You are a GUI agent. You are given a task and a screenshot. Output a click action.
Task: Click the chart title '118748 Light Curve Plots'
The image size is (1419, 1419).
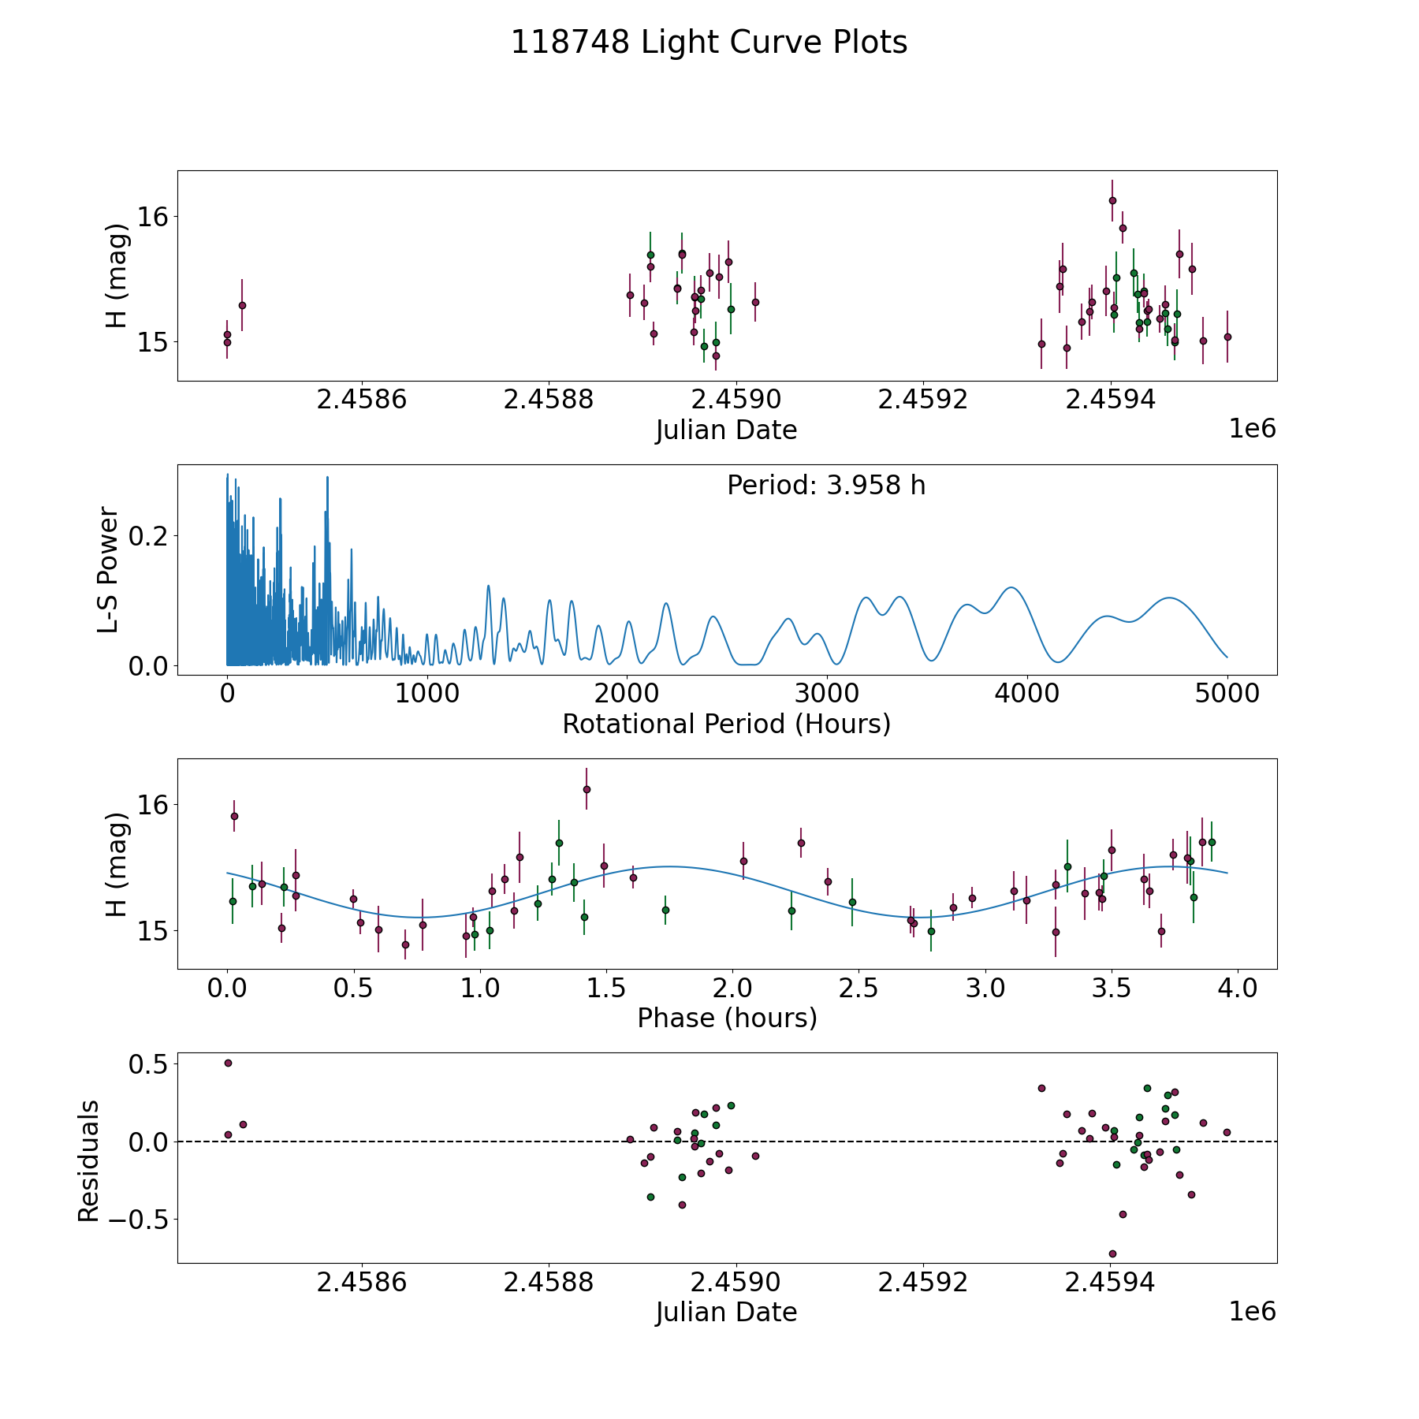(709, 43)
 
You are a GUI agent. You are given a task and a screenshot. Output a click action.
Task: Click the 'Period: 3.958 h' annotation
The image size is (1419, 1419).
(826, 485)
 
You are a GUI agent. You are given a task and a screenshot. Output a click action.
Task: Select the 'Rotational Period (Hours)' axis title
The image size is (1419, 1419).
(726, 724)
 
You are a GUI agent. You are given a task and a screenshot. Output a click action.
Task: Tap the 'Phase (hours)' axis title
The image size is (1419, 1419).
(727, 1018)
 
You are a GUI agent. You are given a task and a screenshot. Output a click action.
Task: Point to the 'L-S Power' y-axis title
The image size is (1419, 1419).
(109, 570)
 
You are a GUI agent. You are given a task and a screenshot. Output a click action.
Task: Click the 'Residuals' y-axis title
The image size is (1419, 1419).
(88, 1161)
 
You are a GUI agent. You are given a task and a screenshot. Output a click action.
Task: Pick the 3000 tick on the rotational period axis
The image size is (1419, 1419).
(827, 694)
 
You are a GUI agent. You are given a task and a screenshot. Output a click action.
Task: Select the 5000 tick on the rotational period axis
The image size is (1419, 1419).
(1227, 694)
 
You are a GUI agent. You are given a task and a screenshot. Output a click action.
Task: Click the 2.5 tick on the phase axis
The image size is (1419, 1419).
(858, 988)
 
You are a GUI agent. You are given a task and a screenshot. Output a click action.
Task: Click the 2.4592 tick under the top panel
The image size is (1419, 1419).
(923, 400)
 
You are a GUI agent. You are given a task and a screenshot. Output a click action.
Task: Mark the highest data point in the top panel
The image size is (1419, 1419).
(1112, 200)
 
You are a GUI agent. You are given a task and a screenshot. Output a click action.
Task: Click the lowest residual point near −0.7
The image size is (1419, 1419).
(1112, 1253)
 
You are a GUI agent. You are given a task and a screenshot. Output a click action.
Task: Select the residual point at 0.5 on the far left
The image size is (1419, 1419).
(228, 1063)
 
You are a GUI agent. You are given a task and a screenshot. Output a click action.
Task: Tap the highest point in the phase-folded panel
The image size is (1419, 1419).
(587, 789)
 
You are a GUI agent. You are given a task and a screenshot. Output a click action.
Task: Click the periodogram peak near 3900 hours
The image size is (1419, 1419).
(1010, 587)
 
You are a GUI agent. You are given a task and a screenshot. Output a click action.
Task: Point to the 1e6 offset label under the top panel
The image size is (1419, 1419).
(1253, 429)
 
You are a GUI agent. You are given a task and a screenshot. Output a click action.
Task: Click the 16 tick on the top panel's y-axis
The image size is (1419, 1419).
(154, 216)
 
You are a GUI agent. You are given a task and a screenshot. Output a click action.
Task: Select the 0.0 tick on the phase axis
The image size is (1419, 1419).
(228, 988)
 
